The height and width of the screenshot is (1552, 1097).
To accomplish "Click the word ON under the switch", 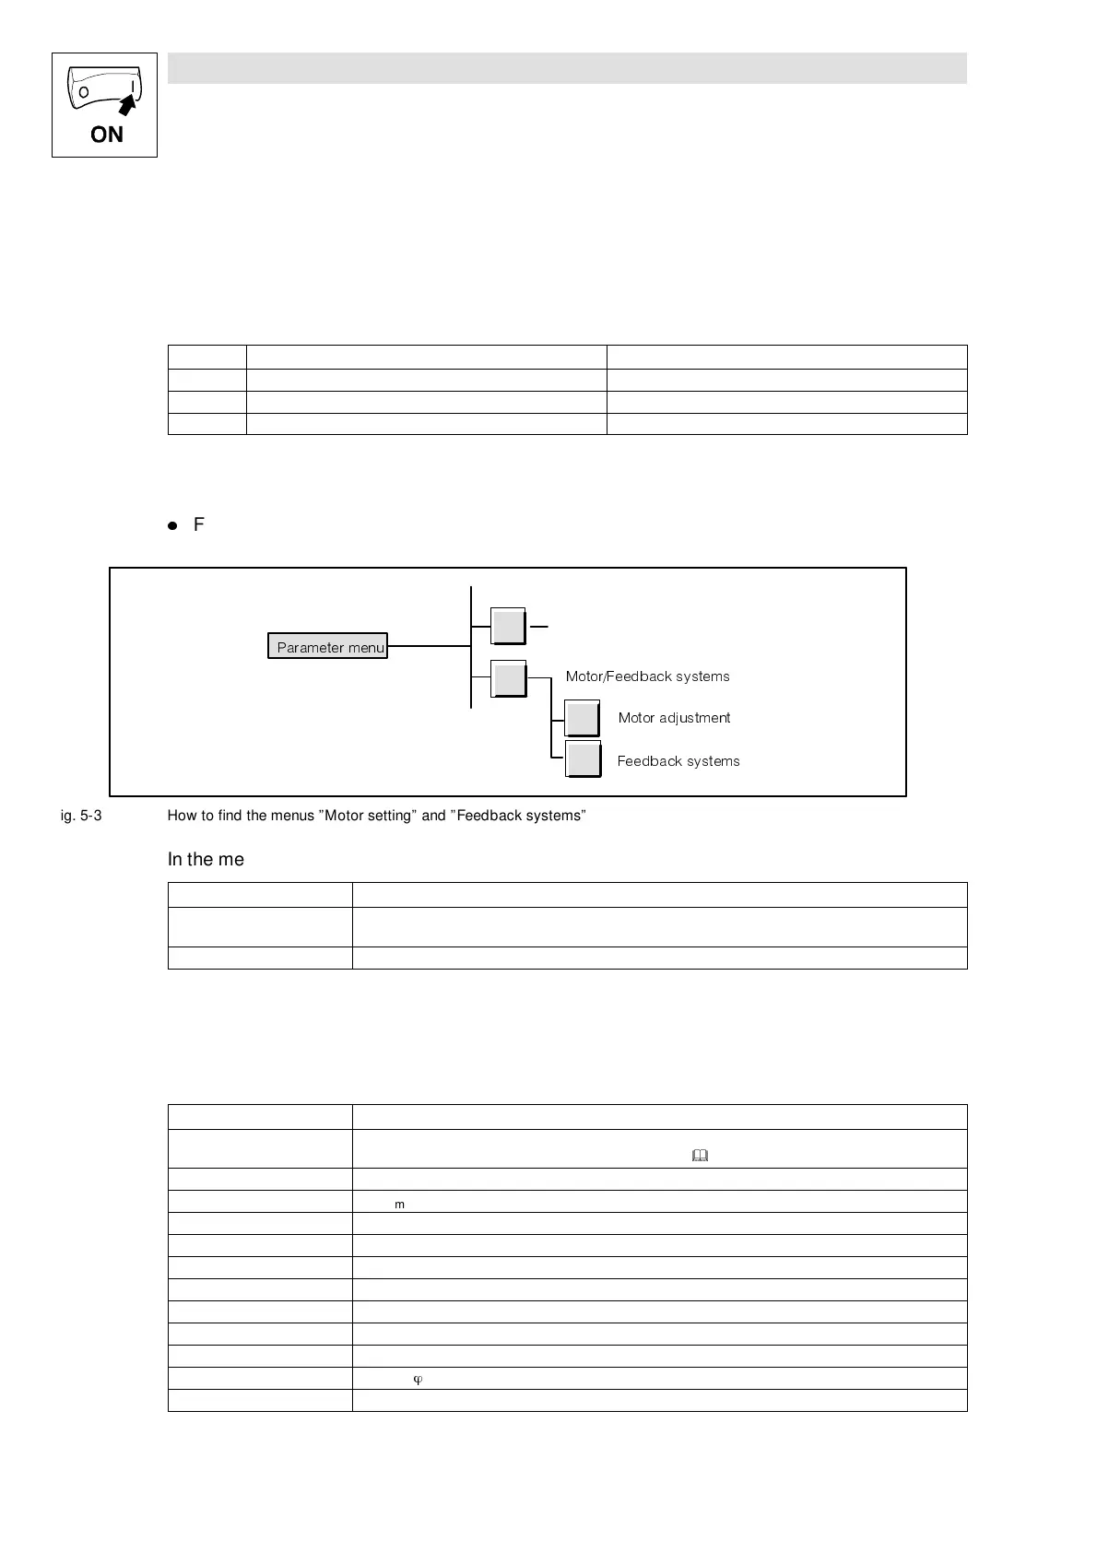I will [x=106, y=135].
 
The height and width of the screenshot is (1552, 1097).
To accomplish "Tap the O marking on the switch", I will [x=84, y=93].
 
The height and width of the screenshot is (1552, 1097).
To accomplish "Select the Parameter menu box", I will [x=328, y=647].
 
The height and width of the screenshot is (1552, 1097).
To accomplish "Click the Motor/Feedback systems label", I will [x=647, y=676].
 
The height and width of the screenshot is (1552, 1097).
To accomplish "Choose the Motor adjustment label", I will [x=674, y=718].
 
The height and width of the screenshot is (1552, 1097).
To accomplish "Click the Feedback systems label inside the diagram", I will [x=678, y=761].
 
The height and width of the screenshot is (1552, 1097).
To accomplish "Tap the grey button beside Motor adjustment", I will [x=582, y=718].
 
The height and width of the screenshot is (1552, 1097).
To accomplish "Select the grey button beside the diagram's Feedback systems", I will [x=583, y=759].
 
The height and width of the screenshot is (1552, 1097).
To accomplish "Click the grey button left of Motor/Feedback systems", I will [x=508, y=679].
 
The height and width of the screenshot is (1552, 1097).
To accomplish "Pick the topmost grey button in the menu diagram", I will [x=508, y=627].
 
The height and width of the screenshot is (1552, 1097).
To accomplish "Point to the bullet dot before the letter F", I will [x=172, y=525].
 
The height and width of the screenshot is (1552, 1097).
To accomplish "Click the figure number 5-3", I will [x=88, y=816].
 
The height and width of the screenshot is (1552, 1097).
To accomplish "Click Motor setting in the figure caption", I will [x=368, y=816].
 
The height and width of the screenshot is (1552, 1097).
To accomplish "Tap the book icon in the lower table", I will [x=700, y=1155].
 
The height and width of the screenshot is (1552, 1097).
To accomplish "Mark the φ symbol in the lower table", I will [x=418, y=1380].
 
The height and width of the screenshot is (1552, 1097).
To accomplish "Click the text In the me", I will [x=206, y=859].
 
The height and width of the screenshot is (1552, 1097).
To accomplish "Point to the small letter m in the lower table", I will [x=399, y=1205].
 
